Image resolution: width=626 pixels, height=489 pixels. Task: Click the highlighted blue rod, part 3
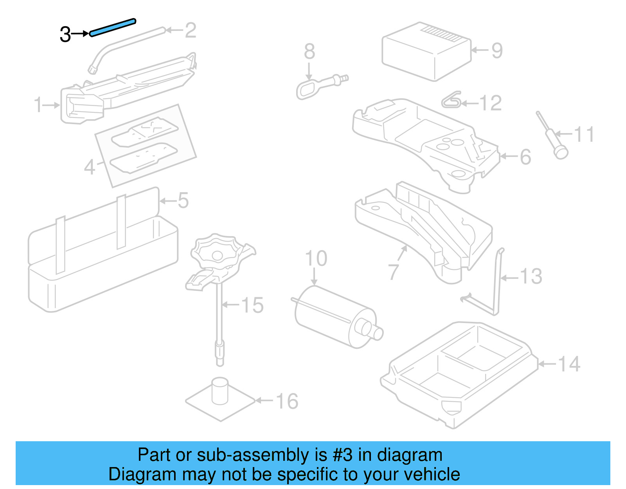[112, 27]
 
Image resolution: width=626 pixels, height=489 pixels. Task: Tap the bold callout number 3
[65, 34]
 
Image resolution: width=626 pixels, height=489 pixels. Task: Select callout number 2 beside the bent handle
[190, 30]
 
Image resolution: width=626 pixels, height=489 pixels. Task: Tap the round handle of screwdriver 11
[561, 152]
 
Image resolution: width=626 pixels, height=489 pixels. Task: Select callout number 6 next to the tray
[525, 157]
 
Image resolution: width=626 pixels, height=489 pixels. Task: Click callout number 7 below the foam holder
[393, 271]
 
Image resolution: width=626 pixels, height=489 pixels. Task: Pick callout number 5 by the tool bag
[183, 200]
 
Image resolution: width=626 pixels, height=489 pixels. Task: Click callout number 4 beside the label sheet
[90, 167]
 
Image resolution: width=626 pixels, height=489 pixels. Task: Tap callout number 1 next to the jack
[38, 105]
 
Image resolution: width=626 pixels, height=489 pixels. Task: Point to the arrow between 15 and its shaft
[231, 305]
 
